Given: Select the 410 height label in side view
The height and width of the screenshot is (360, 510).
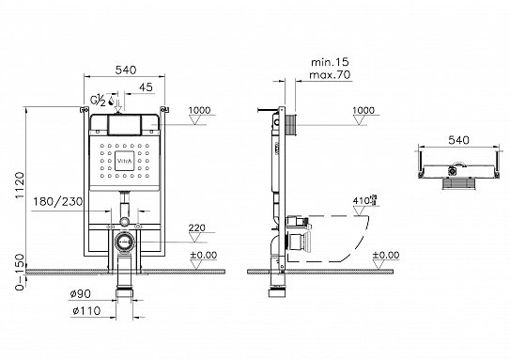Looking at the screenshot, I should (x=361, y=201).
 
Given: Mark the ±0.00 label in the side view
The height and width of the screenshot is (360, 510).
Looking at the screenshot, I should (x=385, y=254).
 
